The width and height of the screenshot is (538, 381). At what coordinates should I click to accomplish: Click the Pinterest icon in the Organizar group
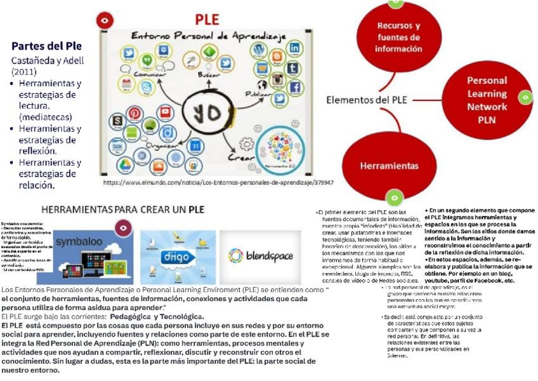tap(135, 113)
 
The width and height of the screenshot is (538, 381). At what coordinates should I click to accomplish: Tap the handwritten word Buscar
tap(209, 74)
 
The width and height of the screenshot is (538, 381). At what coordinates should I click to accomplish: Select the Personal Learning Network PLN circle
tap(487, 99)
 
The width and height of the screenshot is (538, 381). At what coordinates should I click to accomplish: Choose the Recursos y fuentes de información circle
tap(398, 37)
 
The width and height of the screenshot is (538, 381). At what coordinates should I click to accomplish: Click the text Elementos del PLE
tap(367, 100)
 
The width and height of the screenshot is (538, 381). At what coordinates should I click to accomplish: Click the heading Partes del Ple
tap(46, 46)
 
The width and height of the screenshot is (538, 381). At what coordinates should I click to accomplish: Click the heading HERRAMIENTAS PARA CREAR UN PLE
tap(122, 209)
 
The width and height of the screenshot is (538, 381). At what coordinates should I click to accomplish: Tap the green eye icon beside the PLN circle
tap(525, 97)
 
